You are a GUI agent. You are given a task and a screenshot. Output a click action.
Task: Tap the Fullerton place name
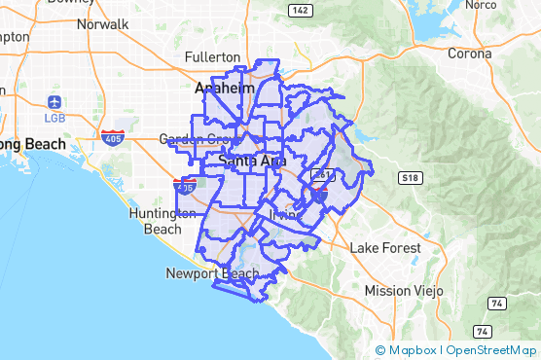click(212, 56)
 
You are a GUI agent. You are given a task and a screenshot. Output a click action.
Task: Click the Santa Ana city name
click(252, 160)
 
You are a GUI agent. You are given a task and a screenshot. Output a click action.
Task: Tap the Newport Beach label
click(211, 273)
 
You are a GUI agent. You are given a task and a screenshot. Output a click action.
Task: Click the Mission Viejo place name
click(403, 291)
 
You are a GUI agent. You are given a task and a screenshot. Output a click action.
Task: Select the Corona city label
click(469, 54)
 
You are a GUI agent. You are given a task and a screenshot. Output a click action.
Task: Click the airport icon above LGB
click(54, 101)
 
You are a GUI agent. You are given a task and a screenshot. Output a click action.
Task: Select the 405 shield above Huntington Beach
click(185, 184)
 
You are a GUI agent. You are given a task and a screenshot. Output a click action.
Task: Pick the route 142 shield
click(300, 10)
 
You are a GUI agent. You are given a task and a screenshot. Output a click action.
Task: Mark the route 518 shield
click(409, 177)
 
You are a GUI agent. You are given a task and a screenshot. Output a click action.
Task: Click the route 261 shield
click(323, 175)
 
